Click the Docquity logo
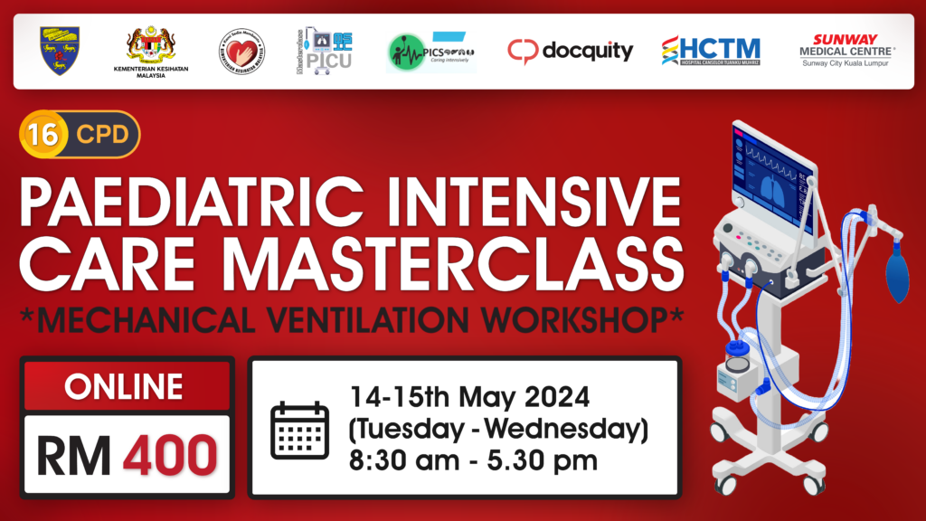point(570,51)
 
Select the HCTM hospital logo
point(710,51)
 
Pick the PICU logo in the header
point(325,51)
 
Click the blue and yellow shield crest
point(61,51)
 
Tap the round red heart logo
point(241,52)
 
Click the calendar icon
point(298,429)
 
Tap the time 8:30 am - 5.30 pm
point(474,459)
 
